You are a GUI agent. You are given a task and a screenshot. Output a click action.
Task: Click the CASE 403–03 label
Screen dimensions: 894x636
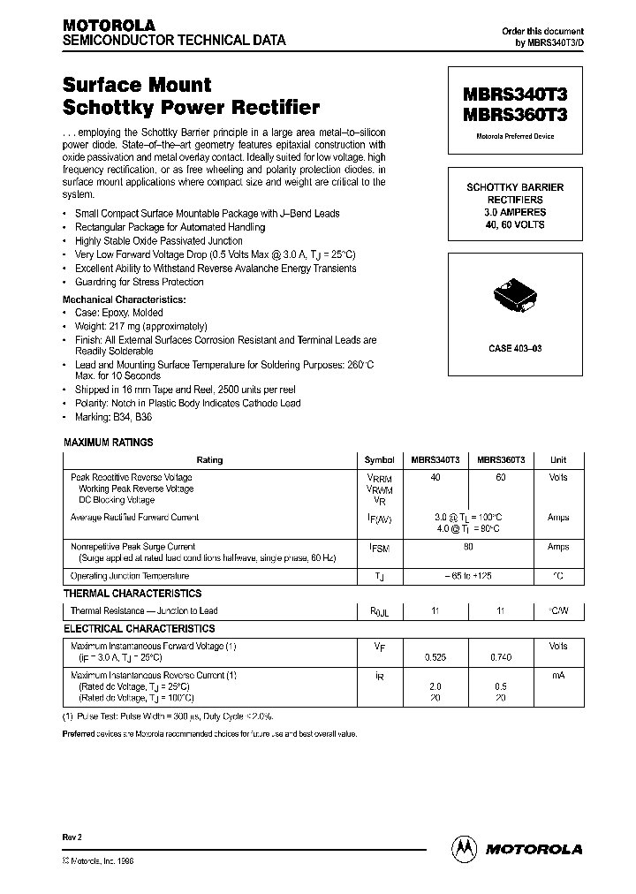pyautogui.click(x=515, y=349)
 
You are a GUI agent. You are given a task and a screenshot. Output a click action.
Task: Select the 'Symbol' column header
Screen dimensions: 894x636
pyautogui.click(x=379, y=460)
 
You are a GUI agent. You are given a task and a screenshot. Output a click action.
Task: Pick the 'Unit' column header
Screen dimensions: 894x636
pyautogui.click(x=558, y=460)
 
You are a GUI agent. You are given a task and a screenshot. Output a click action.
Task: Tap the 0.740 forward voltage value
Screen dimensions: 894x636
pyautogui.click(x=501, y=658)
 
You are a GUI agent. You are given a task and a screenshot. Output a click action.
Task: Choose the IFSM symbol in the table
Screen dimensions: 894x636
pyautogui.click(x=380, y=548)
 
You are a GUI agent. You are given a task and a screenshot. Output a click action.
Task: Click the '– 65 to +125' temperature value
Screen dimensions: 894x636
pyautogui.click(x=468, y=576)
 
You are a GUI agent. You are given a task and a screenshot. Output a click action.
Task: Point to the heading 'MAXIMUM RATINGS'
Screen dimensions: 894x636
pyautogui.click(x=109, y=443)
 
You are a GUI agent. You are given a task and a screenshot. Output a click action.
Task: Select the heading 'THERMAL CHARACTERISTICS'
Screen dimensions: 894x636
pyautogui.click(x=132, y=594)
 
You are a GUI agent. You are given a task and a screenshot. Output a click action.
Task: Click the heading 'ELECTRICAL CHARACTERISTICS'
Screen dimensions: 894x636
pyautogui.click(x=139, y=629)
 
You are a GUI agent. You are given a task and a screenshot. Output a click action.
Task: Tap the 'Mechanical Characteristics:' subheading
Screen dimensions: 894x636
pyautogui.click(x=124, y=299)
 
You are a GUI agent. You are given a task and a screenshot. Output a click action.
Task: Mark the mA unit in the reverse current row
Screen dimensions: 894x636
pyautogui.click(x=558, y=676)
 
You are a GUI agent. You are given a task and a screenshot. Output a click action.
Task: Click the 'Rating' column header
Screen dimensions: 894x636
pyautogui.click(x=210, y=460)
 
